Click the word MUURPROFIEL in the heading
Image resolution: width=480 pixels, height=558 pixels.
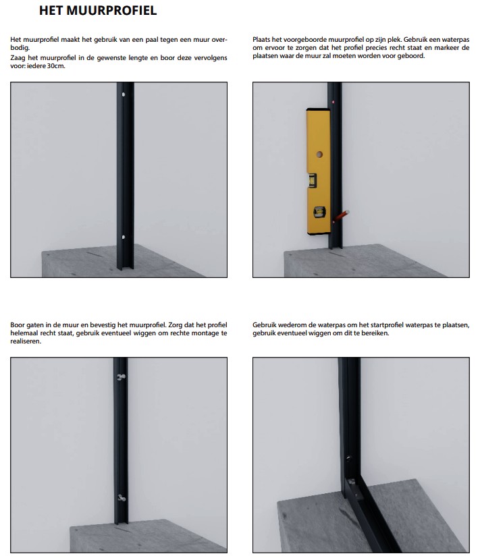click(111, 10)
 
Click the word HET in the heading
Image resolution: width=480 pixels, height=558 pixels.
click(51, 10)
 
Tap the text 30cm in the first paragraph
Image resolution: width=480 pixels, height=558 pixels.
click(56, 66)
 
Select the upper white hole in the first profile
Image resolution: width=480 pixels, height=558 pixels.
click(123, 94)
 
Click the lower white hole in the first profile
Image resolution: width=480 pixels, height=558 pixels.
click(123, 238)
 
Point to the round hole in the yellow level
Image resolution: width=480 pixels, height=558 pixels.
click(319, 155)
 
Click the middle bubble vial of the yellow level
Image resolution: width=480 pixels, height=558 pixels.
click(313, 180)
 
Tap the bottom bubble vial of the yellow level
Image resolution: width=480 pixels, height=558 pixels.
click(319, 212)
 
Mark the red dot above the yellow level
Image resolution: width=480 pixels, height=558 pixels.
click(334, 102)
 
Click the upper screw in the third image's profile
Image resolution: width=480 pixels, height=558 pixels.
click(122, 377)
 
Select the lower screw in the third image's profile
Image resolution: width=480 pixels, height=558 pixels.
click(122, 498)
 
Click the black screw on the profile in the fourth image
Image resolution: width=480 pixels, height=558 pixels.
click(348, 457)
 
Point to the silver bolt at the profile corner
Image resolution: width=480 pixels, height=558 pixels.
click(352, 482)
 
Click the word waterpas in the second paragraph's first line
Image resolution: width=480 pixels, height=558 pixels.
click(456, 40)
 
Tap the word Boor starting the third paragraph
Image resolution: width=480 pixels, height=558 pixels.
click(17, 325)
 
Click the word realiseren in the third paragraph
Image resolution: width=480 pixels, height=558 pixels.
click(25, 341)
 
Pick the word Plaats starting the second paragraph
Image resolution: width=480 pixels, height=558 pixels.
click(261, 40)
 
